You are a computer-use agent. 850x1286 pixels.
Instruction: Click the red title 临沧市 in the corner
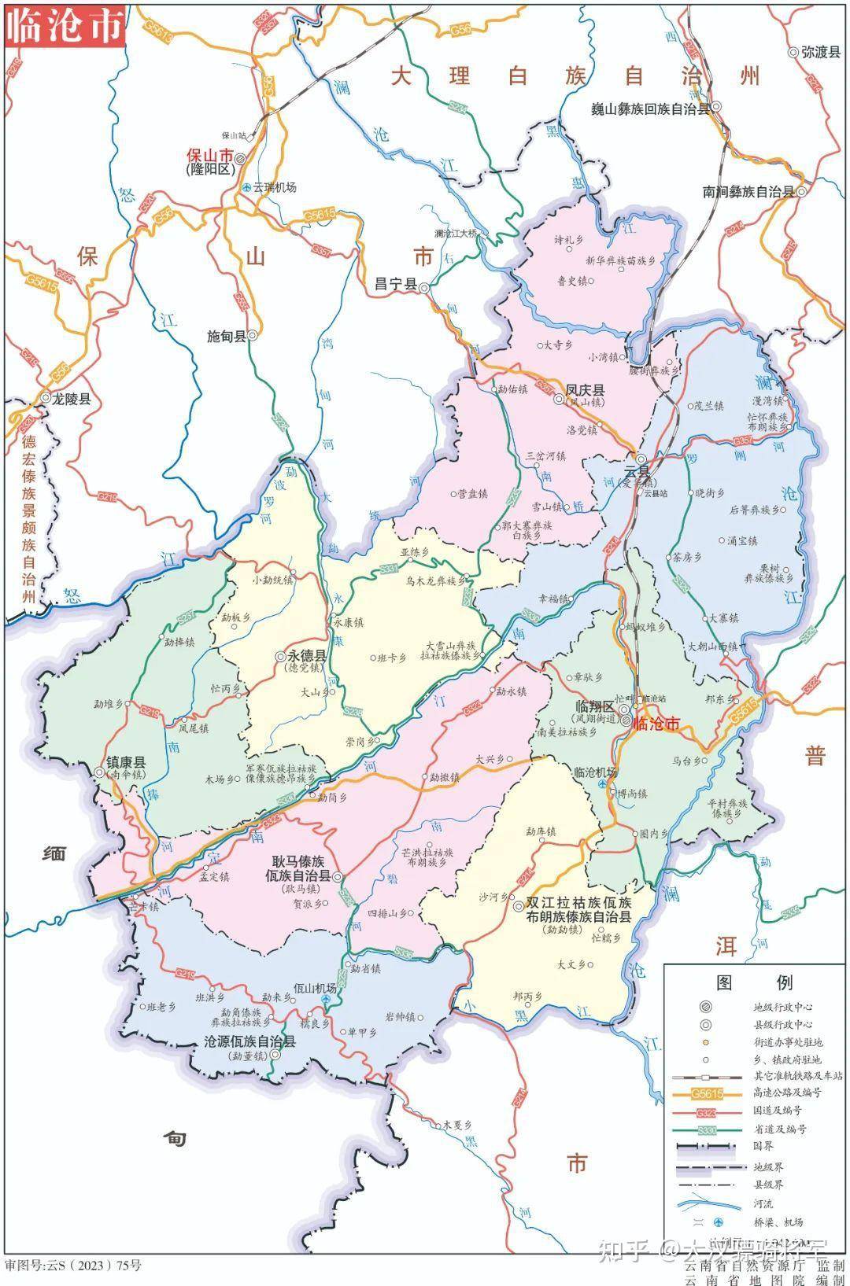click(65, 25)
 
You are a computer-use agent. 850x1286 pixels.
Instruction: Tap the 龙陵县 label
click(71, 399)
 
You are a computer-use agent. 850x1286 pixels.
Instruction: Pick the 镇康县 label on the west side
click(126, 762)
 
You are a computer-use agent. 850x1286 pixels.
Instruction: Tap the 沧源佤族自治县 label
click(249, 1042)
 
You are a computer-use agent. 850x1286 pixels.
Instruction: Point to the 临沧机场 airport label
click(596, 772)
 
